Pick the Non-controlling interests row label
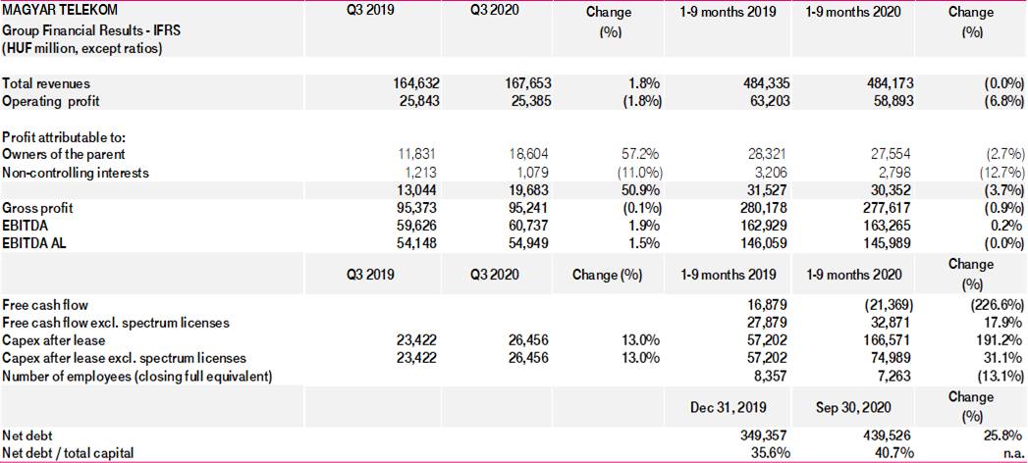76,173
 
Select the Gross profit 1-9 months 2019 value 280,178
764,208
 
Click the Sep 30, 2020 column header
853,406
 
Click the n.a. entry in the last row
1011,452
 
